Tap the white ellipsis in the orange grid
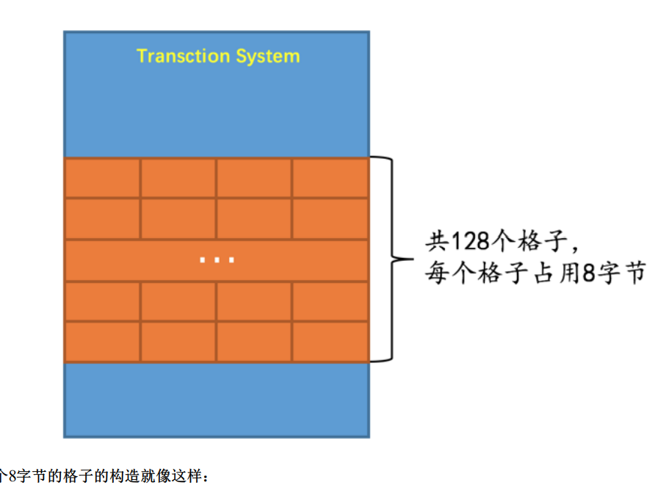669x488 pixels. (x=217, y=259)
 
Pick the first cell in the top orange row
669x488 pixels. (x=102, y=178)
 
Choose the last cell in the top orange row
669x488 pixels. (x=330, y=178)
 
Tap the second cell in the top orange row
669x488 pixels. (x=178, y=178)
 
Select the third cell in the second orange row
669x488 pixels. (x=254, y=218)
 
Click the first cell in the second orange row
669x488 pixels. (x=102, y=218)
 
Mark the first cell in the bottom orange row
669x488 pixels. (x=102, y=342)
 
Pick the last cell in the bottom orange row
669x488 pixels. (x=330, y=342)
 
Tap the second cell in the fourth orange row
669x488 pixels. (x=178, y=301)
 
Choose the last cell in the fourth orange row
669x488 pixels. (x=330, y=301)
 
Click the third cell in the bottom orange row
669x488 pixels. (x=254, y=342)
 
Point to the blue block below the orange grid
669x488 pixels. (x=216, y=400)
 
